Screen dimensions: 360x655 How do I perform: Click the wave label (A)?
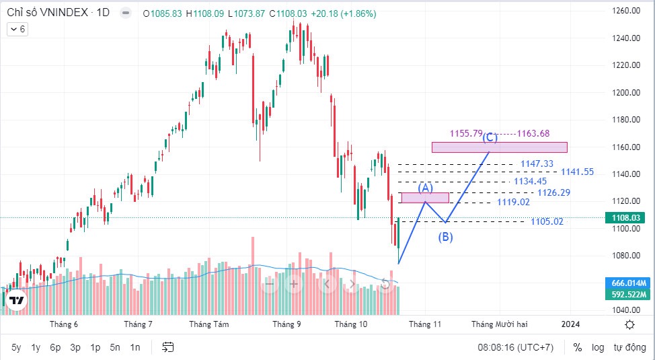tap(425, 188)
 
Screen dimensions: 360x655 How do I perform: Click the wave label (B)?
tap(446, 237)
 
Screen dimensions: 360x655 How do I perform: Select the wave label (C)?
tap(490, 138)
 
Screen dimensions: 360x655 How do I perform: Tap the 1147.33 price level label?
tap(537, 164)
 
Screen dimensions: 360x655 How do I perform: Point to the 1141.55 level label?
tap(578, 172)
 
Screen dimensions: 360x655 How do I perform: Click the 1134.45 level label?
tap(531, 181)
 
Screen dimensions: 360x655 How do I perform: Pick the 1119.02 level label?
tap(514, 202)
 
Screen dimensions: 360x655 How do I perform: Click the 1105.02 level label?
tap(547, 221)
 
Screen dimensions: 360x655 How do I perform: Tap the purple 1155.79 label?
tap(466, 133)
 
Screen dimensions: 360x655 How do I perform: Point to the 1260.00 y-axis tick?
tap(625, 11)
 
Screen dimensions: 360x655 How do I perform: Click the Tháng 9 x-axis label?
tap(286, 324)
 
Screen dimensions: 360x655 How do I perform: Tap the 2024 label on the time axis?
tap(570, 324)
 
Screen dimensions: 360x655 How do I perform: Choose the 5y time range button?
tap(16, 347)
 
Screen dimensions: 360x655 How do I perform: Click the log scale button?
tap(598, 347)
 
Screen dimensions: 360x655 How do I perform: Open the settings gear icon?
tap(629, 324)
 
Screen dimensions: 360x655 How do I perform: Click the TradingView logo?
tap(17, 301)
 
